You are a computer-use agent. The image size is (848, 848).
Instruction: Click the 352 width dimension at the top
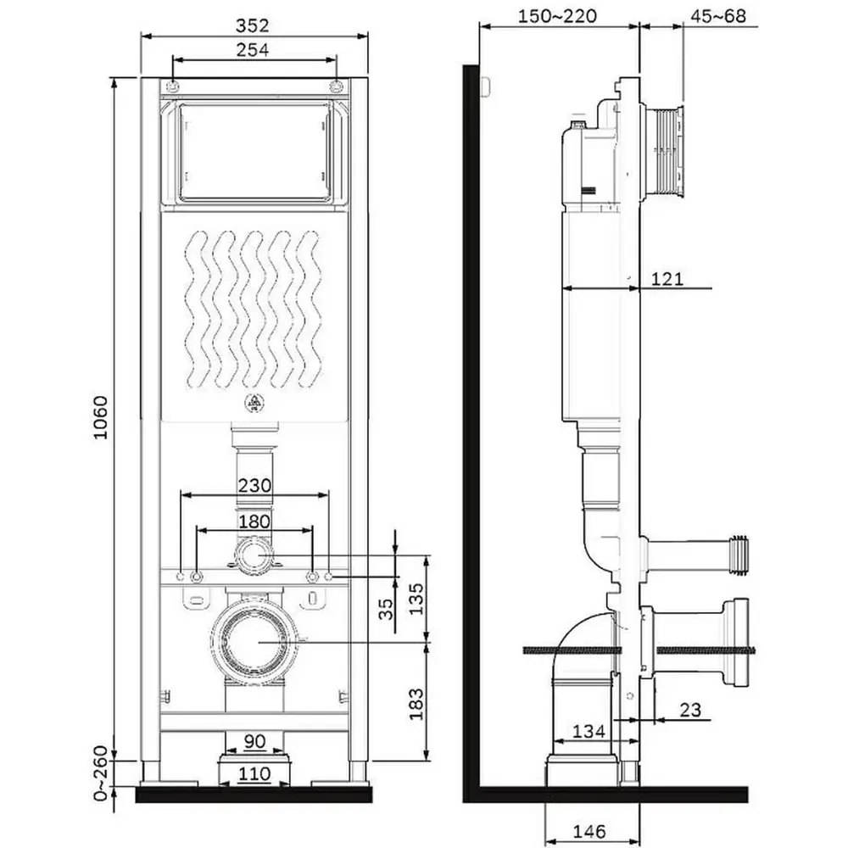(254, 25)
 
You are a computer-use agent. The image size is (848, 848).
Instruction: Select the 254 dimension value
(254, 50)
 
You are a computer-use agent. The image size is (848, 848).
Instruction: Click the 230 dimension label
(254, 486)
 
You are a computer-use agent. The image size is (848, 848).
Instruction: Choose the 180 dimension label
(254, 522)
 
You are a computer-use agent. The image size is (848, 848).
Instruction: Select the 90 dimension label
(254, 741)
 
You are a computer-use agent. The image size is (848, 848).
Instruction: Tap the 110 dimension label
(254, 773)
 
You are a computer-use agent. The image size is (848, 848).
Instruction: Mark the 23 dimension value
(690, 710)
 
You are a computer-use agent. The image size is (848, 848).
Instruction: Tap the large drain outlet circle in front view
(254, 642)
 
